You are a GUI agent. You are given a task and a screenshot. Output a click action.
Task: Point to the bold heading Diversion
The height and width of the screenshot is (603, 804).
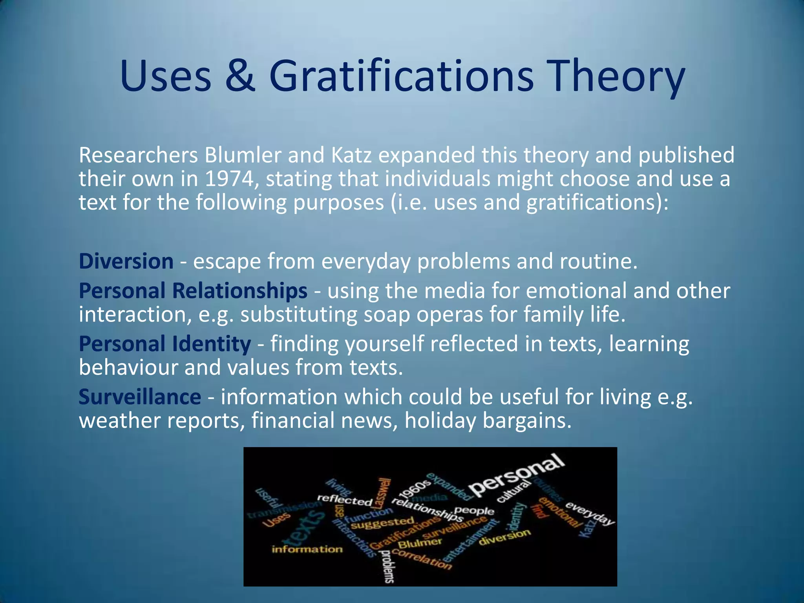tap(126, 261)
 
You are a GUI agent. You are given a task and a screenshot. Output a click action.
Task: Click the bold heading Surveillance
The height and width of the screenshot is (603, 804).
tap(140, 397)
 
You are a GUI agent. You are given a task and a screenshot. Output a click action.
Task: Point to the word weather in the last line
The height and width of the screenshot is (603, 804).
tap(120, 420)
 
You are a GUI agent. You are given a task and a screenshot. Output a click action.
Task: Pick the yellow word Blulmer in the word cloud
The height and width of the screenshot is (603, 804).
tap(420, 544)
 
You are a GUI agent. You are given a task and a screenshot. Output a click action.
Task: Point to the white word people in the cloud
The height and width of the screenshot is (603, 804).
tap(474, 511)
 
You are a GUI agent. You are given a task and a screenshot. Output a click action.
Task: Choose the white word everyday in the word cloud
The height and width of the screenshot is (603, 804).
tap(590, 513)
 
